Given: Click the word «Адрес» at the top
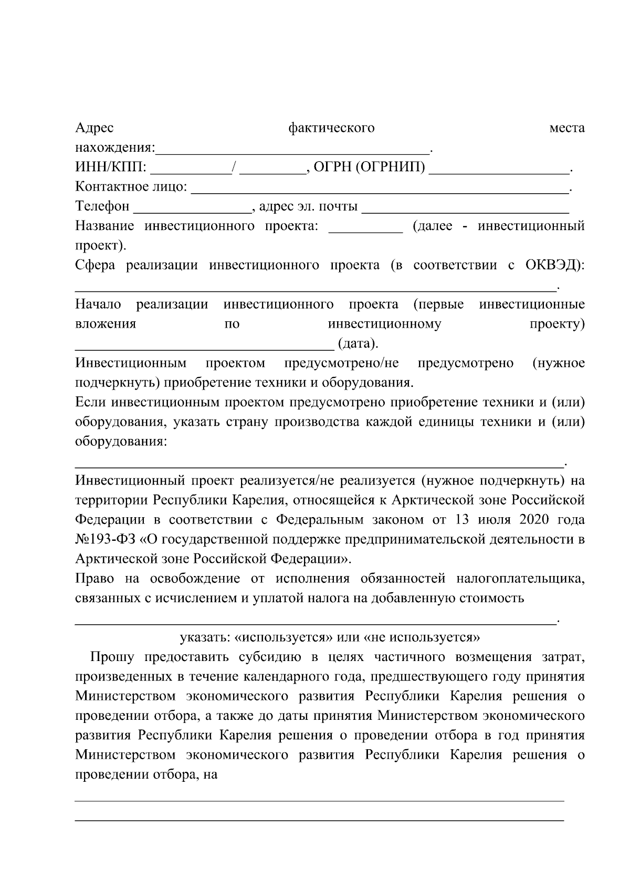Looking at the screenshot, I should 94,128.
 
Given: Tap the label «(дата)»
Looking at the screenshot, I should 358,344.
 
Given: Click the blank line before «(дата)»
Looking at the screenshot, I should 204,345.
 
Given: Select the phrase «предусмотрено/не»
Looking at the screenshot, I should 342,363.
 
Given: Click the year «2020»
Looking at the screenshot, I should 536,520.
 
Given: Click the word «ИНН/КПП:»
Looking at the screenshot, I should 111,168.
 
